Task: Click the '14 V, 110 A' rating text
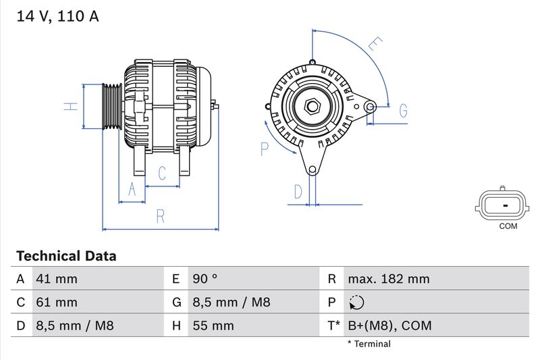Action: click(x=57, y=17)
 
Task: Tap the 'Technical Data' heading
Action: click(x=66, y=257)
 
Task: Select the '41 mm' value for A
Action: click(x=57, y=279)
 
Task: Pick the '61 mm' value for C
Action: click(x=57, y=302)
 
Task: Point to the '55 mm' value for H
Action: click(x=213, y=326)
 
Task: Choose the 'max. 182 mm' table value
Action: click(x=388, y=279)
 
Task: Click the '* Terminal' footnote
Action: click(x=369, y=344)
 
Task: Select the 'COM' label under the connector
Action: click(x=508, y=226)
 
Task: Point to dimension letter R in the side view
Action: click(x=161, y=216)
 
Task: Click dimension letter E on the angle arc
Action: click(x=375, y=45)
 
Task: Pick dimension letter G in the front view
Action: click(x=403, y=110)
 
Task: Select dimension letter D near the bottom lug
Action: click(x=298, y=192)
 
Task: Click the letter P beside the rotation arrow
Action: click(x=265, y=149)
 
